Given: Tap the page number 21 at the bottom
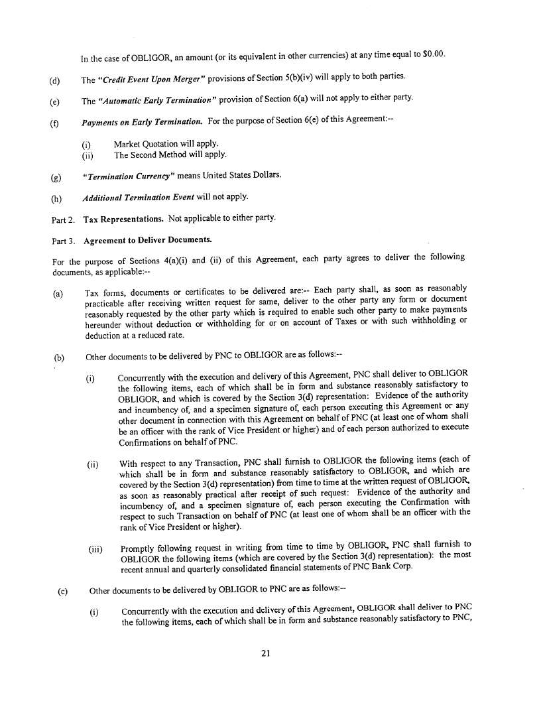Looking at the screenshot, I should click(x=265, y=653).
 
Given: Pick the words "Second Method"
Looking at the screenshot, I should click(x=160, y=155).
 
